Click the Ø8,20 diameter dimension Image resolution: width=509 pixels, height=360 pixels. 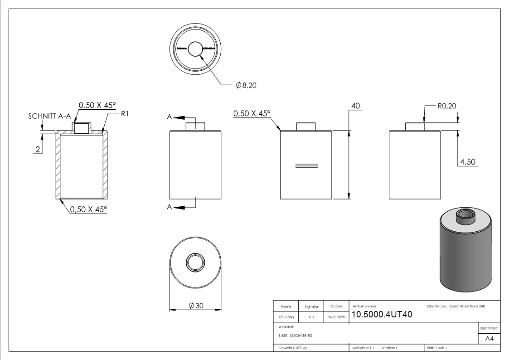tap(246, 85)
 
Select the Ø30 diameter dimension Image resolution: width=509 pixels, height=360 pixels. tap(195, 306)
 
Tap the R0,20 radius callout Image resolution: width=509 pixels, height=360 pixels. tap(447, 107)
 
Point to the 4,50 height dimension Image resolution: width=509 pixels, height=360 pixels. tap(467, 161)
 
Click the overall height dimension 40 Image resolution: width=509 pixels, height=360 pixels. tap(355, 106)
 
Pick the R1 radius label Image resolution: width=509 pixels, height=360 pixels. tap(125, 113)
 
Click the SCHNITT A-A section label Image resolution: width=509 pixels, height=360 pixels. tap(48, 116)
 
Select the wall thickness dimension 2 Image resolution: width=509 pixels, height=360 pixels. tap(38, 149)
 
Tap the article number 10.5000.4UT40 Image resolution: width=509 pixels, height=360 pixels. tap(382, 315)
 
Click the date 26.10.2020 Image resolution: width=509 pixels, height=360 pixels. tap(336, 317)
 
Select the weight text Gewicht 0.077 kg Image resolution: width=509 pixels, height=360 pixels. tap(292, 348)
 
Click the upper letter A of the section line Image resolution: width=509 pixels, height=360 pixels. tap(170, 117)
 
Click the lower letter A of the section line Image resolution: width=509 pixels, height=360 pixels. tap(170, 207)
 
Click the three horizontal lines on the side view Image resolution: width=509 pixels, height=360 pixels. tap(306, 165)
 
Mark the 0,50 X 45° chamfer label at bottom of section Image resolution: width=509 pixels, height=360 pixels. tap(88, 209)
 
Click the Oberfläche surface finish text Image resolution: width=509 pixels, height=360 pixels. tap(456, 306)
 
